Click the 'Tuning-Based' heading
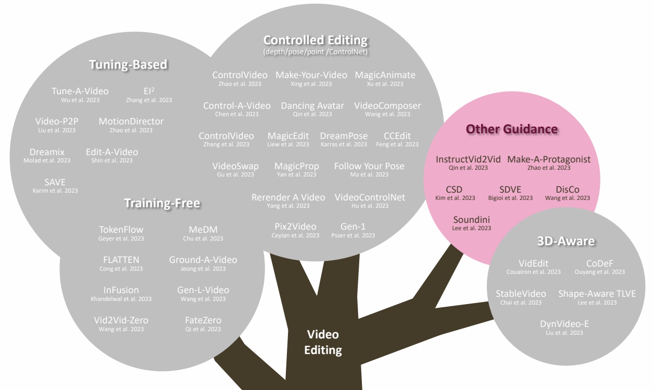(128, 65)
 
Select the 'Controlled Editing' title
(315, 40)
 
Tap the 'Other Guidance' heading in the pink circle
(511, 129)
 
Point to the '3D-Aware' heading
(565, 241)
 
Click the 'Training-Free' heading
(162, 203)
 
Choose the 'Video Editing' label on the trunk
(323, 342)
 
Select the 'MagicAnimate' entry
(385, 75)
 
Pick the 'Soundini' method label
(471, 220)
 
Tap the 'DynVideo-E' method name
(564, 324)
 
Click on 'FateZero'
(203, 320)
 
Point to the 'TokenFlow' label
(121, 230)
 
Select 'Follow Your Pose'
(369, 166)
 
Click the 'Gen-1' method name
(353, 227)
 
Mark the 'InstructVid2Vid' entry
(468, 159)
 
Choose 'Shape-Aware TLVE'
(597, 294)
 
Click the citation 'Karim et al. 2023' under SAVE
(55, 191)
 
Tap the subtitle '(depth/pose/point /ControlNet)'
(315, 53)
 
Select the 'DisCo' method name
(567, 190)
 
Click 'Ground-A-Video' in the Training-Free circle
(203, 260)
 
